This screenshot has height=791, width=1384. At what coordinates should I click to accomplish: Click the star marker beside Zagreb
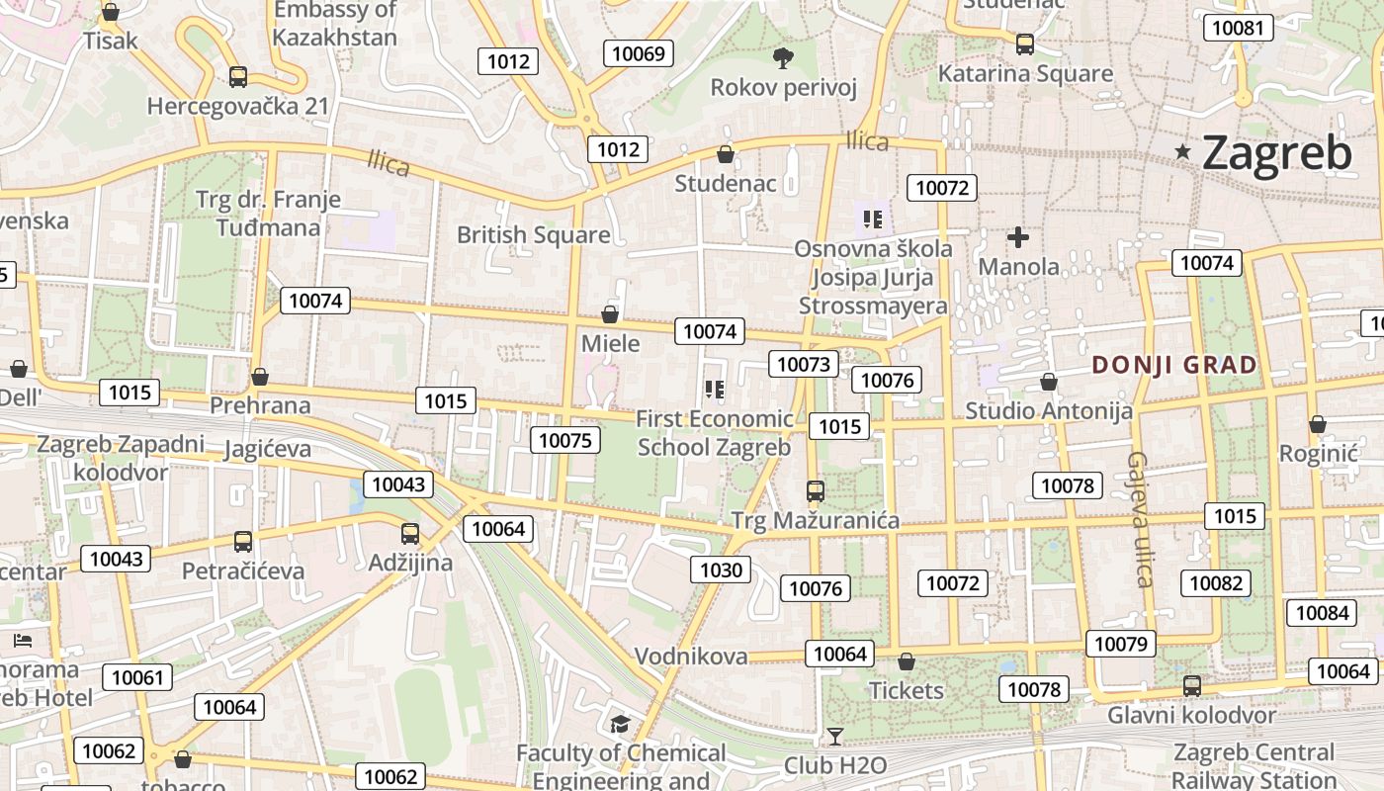[1182, 151]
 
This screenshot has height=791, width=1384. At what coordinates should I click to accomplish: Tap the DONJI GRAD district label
[1174, 365]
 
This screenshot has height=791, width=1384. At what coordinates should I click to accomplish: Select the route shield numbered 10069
[639, 53]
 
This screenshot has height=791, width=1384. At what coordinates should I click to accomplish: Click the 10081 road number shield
[1238, 28]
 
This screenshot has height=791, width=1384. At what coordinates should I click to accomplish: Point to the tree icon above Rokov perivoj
[783, 58]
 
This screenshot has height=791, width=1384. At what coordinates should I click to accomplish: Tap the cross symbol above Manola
[1018, 237]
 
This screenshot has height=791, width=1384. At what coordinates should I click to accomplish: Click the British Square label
[533, 235]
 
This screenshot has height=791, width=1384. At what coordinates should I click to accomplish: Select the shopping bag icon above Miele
[610, 314]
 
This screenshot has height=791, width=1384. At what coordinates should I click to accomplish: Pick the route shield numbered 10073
[804, 364]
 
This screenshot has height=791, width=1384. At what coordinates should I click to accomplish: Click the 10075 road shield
[565, 440]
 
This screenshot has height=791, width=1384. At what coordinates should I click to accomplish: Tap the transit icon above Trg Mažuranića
[816, 491]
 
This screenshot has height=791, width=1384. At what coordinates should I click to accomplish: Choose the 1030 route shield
[721, 570]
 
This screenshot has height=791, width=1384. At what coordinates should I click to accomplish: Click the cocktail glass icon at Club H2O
[835, 737]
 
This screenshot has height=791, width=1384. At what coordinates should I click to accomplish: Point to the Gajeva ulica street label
[1141, 519]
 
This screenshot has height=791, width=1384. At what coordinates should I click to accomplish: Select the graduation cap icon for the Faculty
[620, 725]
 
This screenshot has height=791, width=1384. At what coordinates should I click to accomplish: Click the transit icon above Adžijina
[410, 534]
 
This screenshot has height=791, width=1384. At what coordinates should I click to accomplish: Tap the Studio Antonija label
[1049, 410]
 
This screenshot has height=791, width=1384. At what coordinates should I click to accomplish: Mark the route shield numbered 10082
[1215, 583]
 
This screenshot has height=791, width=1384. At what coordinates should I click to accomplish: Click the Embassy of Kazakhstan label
[335, 24]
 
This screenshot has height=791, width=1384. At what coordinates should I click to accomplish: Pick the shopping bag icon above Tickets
[907, 661]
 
